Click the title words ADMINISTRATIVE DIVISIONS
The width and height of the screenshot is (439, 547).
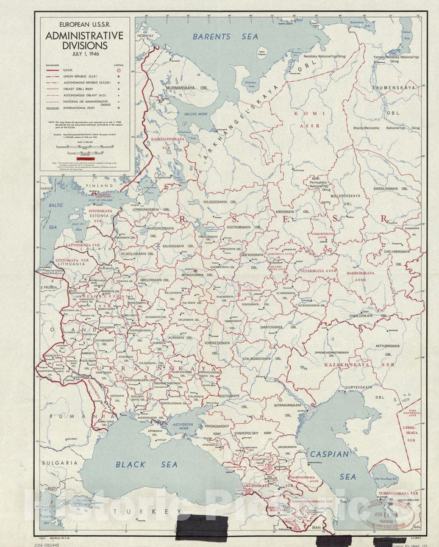pos(85,40)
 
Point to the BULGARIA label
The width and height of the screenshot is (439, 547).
pos(59,463)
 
